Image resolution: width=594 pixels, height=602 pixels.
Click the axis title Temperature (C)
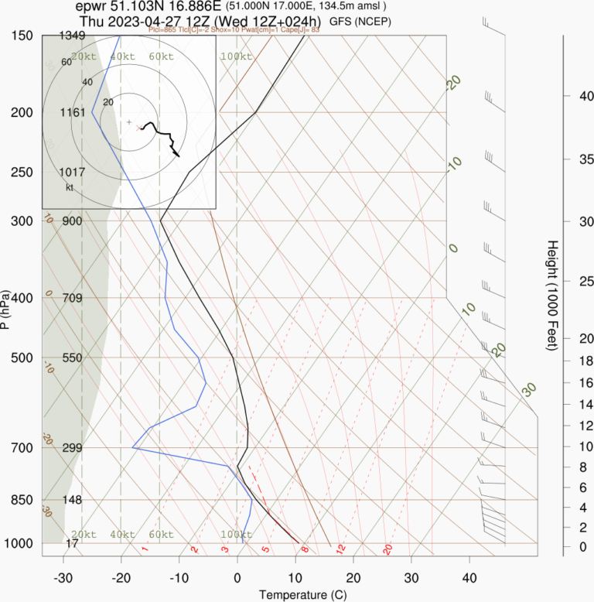click(x=297, y=595)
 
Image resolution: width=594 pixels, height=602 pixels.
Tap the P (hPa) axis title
click(x=6, y=310)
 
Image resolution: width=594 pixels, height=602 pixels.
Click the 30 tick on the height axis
click(x=565, y=221)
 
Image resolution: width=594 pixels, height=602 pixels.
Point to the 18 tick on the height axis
click(x=565, y=361)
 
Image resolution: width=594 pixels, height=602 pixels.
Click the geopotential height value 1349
click(x=72, y=36)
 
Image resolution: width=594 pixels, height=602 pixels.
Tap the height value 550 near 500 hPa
click(x=72, y=358)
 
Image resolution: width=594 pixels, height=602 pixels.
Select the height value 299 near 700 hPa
click(x=72, y=448)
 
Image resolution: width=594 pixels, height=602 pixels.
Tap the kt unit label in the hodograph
click(x=70, y=187)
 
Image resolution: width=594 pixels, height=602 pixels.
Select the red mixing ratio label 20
click(x=388, y=549)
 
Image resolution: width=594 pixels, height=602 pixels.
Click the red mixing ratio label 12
click(x=340, y=549)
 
